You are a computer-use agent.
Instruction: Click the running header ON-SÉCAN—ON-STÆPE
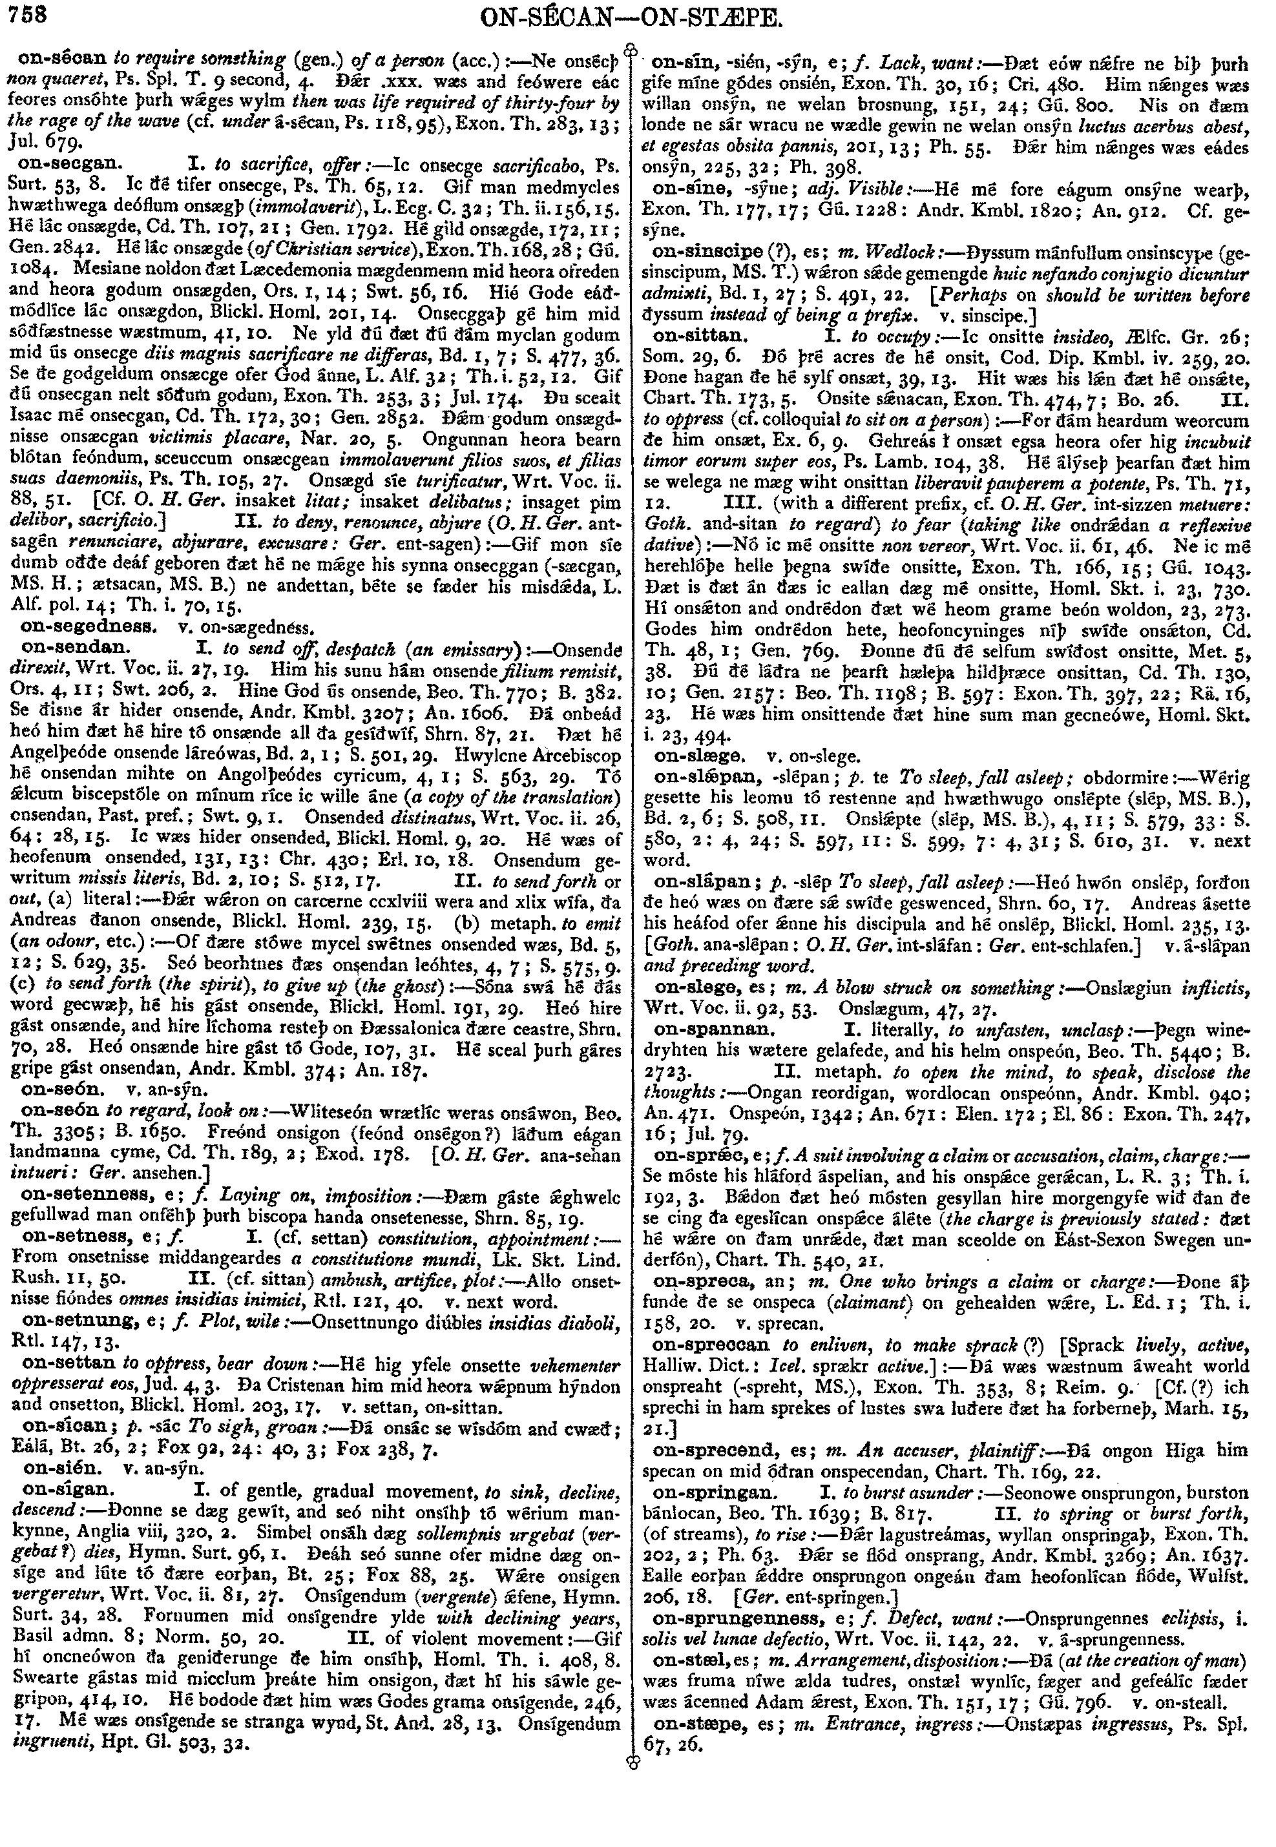click(637, 18)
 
